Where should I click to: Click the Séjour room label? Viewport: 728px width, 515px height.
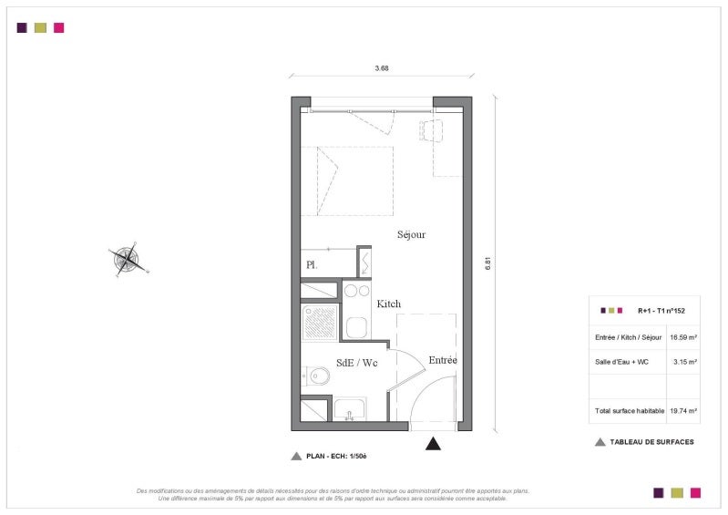coord(411,234)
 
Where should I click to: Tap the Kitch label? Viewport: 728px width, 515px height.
coord(389,304)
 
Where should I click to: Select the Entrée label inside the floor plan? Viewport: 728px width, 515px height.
coord(443,360)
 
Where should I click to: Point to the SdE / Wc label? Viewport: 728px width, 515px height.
coord(356,363)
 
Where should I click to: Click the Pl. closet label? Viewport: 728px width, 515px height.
coord(312,265)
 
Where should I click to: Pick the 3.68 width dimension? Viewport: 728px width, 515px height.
coord(382,67)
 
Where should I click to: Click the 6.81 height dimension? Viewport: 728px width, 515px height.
coord(487,263)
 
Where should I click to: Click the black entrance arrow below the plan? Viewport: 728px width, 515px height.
coord(433,444)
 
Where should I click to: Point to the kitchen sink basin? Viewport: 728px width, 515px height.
coord(356,327)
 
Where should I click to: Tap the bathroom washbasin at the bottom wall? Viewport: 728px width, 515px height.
coord(350,409)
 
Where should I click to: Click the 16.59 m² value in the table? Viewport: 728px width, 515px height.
coord(683,337)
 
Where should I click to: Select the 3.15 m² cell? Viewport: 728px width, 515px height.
coord(685,362)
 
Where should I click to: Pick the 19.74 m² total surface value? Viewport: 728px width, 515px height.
coord(683,410)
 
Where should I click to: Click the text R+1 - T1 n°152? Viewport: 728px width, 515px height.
coord(661,311)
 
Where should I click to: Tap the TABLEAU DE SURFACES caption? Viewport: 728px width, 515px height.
coord(651,442)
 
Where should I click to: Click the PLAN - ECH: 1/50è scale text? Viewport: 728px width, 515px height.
coord(336,456)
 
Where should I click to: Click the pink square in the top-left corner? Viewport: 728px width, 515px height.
coord(59,28)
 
